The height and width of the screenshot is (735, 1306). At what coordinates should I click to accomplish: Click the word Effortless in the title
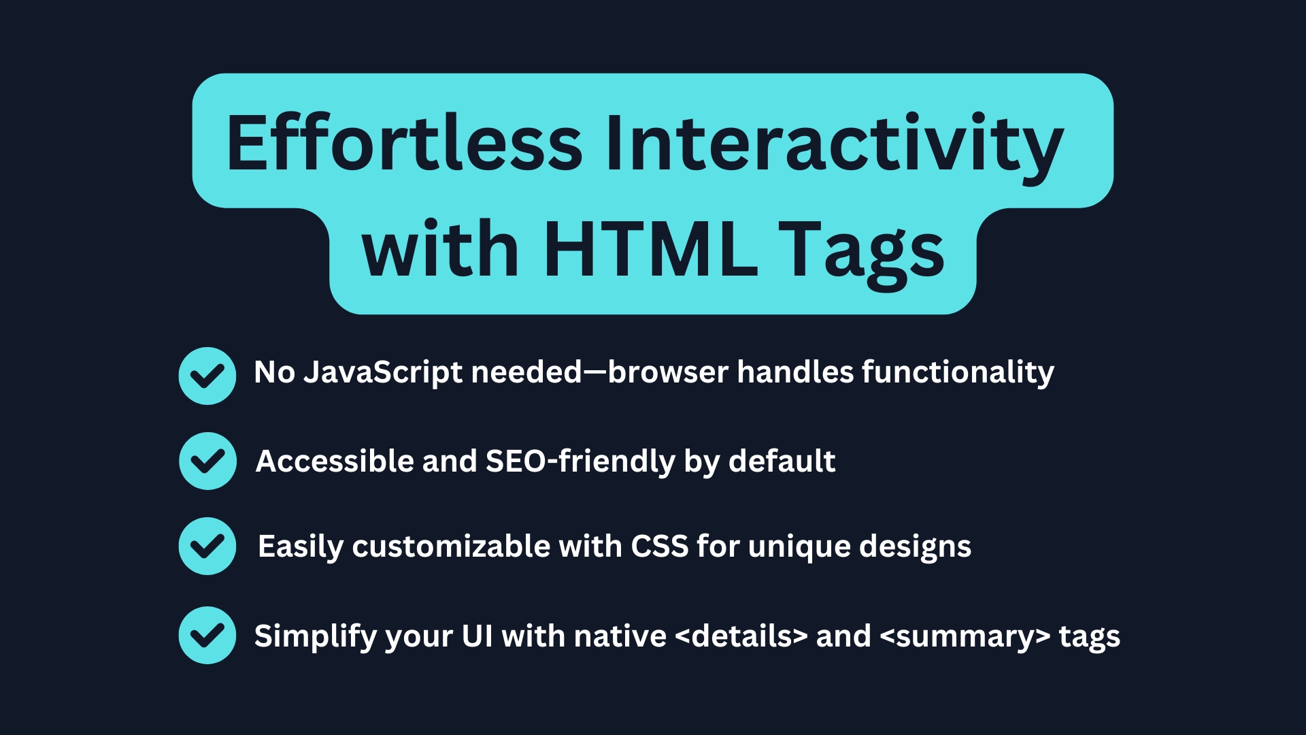pos(404,143)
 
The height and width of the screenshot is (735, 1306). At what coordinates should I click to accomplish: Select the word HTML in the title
pos(650,249)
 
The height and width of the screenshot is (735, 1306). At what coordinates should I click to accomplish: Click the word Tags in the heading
pos(861,250)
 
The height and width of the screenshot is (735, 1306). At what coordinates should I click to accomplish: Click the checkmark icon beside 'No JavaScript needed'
pos(207,376)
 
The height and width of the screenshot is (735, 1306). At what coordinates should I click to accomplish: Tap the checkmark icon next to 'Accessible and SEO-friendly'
pos(207,461)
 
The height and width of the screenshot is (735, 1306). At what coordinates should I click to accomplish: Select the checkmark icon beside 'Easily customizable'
pos(207,546)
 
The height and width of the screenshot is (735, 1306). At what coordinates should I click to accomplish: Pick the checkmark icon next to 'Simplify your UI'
pos(207,635)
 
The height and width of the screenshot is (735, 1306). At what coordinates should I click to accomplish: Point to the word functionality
pos(958,372)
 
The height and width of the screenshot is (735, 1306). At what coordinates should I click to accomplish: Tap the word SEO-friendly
pos(580,461)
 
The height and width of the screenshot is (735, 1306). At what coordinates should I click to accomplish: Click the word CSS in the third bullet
pos(660,546)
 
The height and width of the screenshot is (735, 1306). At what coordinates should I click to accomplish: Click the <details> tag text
pos(741,636)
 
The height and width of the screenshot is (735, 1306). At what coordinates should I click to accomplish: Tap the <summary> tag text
pos(965,636)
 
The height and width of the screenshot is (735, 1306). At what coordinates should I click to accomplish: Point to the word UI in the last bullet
pos(477,636)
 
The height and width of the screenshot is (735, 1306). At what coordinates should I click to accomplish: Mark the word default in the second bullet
pos(782,461)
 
